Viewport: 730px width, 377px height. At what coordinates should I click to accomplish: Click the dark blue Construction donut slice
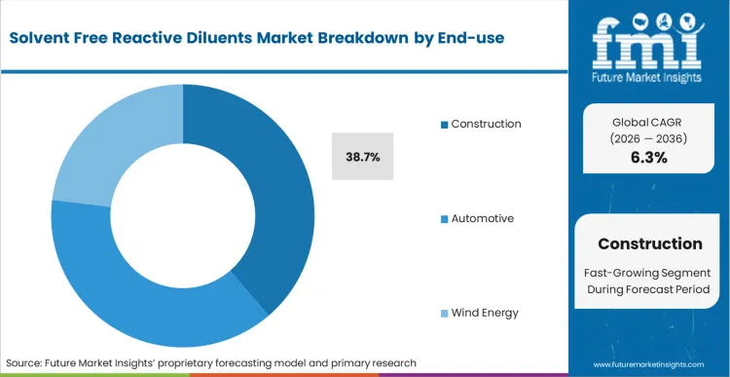click(274, 195)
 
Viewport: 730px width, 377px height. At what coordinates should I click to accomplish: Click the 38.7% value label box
click(363, 156)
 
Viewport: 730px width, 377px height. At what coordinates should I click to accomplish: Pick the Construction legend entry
click(486, 124)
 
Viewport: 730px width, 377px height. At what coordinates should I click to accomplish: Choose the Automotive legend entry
click(482, 218)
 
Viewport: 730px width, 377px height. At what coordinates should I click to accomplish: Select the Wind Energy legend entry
click(485, 313)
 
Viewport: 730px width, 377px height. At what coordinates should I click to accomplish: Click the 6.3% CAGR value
click(649, 158)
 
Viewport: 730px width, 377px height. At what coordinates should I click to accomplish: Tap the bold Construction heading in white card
click(649, 244)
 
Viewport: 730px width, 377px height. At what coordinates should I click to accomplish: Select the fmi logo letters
click(649, 39)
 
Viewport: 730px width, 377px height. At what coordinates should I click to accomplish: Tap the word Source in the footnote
click(26, 362)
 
